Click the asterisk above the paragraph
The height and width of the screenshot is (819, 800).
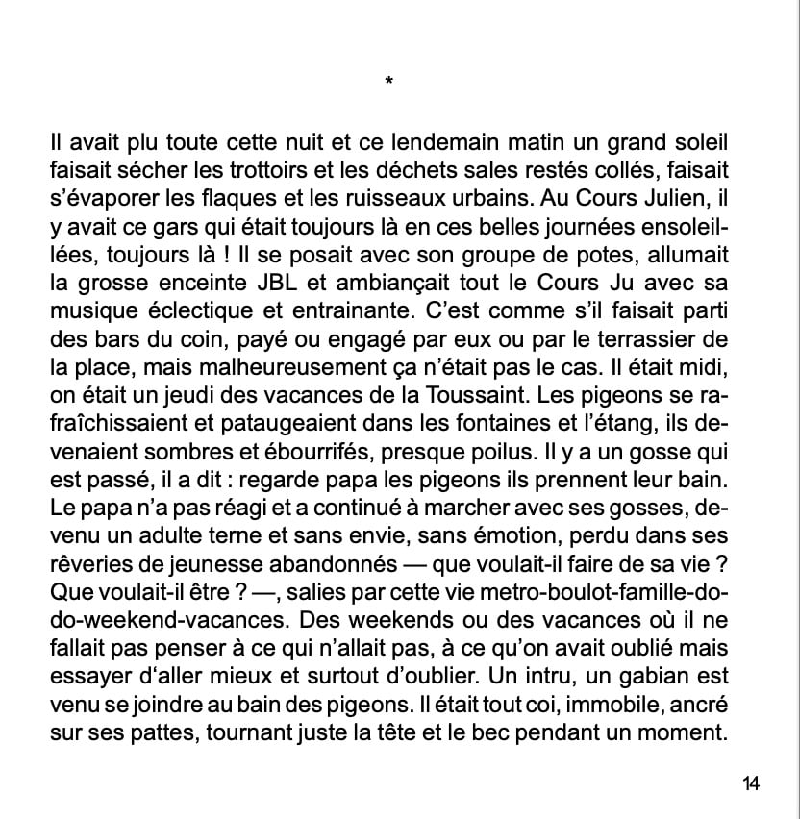click(x=387, y=83)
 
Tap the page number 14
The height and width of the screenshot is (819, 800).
click(x=751, y=783)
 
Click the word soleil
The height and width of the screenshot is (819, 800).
click(x=697, y=142)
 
